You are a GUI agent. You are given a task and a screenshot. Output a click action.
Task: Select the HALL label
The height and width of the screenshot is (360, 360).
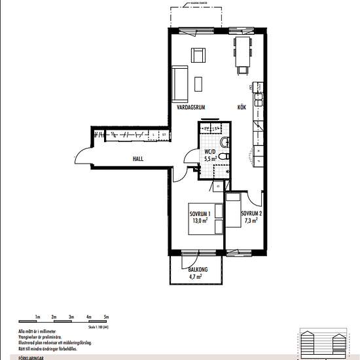point(137,158)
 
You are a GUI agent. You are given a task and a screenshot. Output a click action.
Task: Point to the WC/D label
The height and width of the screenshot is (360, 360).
point(210,151)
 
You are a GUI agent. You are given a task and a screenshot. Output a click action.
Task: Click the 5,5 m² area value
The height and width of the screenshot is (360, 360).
point(210,158)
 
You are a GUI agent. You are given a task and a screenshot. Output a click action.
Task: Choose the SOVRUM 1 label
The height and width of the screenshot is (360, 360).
point(199,214)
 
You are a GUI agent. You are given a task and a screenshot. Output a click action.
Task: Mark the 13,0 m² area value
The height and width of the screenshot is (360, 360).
point(199,221)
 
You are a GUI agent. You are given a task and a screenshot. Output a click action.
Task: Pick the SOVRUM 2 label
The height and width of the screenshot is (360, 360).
point(251,214)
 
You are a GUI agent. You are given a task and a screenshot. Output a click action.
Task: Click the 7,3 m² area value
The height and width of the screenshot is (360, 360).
point(251,221)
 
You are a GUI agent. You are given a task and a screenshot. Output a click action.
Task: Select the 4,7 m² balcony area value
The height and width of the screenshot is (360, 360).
point(195,277)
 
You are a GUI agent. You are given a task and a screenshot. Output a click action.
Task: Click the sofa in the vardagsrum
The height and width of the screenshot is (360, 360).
point(179,81)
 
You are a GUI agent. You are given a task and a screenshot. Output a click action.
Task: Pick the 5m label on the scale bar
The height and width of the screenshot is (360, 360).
point(106,317)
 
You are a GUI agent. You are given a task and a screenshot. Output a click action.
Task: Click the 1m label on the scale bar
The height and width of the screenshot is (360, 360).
point(38,317)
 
